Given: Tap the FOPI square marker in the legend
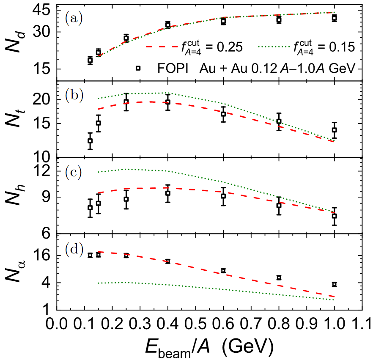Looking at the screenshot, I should pyautogui.click(x=138, y=68).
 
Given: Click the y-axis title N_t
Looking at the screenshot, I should pyautogui.click(x=15, y=118).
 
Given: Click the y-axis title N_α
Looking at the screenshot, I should pyautogui.click(x=15, y=271).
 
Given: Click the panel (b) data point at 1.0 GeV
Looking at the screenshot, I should pyautogui.click(x=334, y=130).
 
